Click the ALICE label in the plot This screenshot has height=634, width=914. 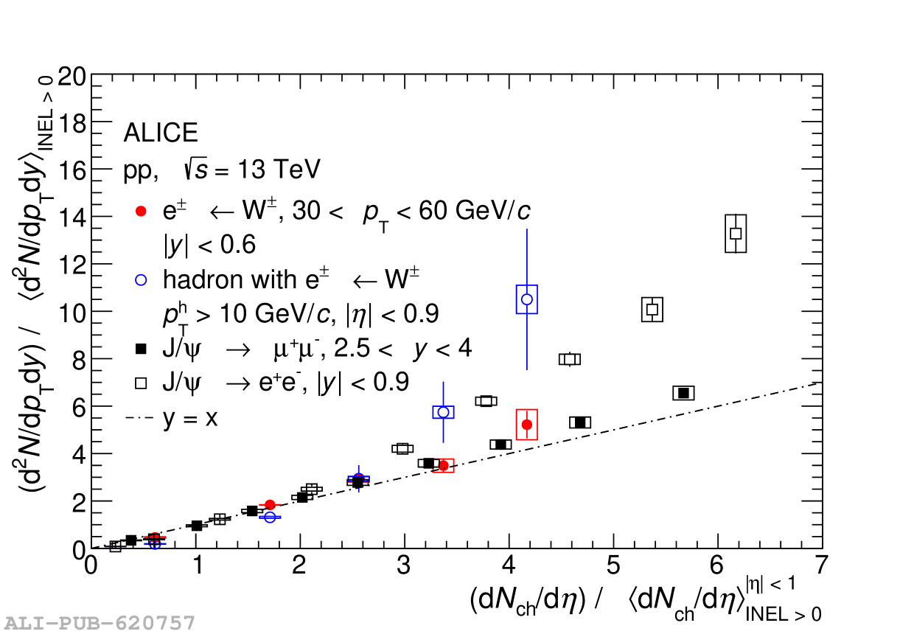(160, 133)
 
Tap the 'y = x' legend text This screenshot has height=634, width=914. (190, 418)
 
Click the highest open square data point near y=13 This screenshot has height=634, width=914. (736, 233)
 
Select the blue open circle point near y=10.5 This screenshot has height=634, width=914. (527, 299)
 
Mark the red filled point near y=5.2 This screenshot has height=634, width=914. (527, 425)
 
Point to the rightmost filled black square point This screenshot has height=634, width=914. (683, 393)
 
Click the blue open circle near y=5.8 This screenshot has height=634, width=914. (443, 412)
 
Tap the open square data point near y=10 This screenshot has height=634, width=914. (652, 310)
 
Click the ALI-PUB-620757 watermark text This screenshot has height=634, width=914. (99, 623)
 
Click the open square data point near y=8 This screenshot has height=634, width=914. (569, 359)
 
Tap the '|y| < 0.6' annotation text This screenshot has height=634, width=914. (209, 245)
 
